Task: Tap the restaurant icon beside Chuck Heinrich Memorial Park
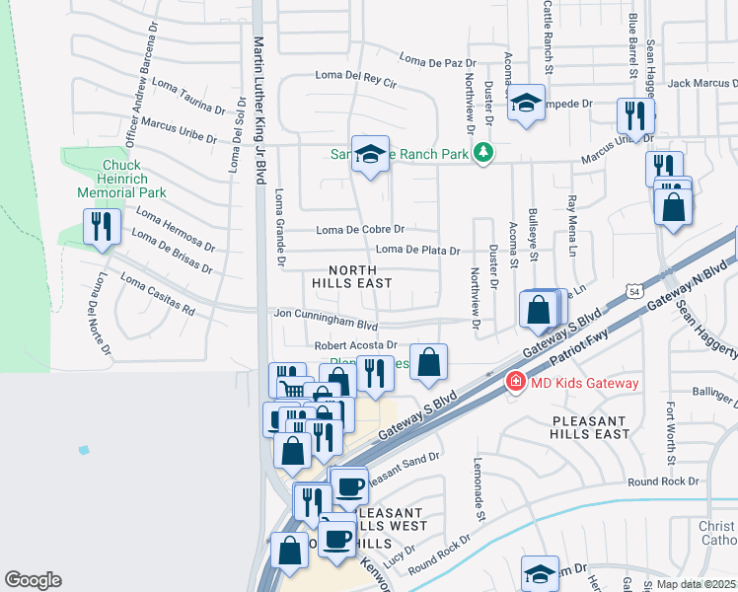click(102, 228)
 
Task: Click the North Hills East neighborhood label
click(352, 276)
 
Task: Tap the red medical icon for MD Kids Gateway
click(514, 382)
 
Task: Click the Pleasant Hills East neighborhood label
click(591, 427)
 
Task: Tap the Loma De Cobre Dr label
click(360, 230)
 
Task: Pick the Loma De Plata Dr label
click(417, 251)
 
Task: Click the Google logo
click(33, 580)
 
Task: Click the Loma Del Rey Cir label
click(355, 76)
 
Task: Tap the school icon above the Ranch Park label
click(371, 154)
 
